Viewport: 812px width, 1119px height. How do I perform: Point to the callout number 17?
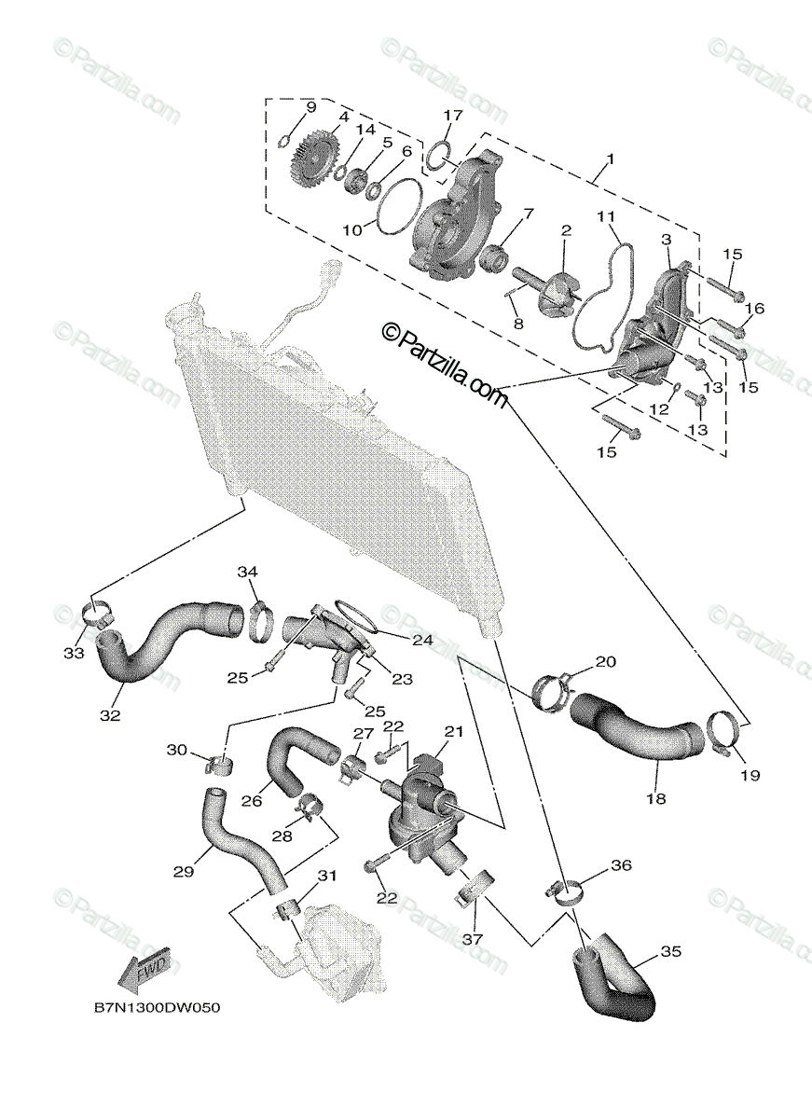pos(452,116)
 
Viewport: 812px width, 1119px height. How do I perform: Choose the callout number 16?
pos(754,308)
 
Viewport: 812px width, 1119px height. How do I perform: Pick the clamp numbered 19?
pos(726,732)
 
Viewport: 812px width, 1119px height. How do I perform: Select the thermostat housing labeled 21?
pos(420,801)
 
